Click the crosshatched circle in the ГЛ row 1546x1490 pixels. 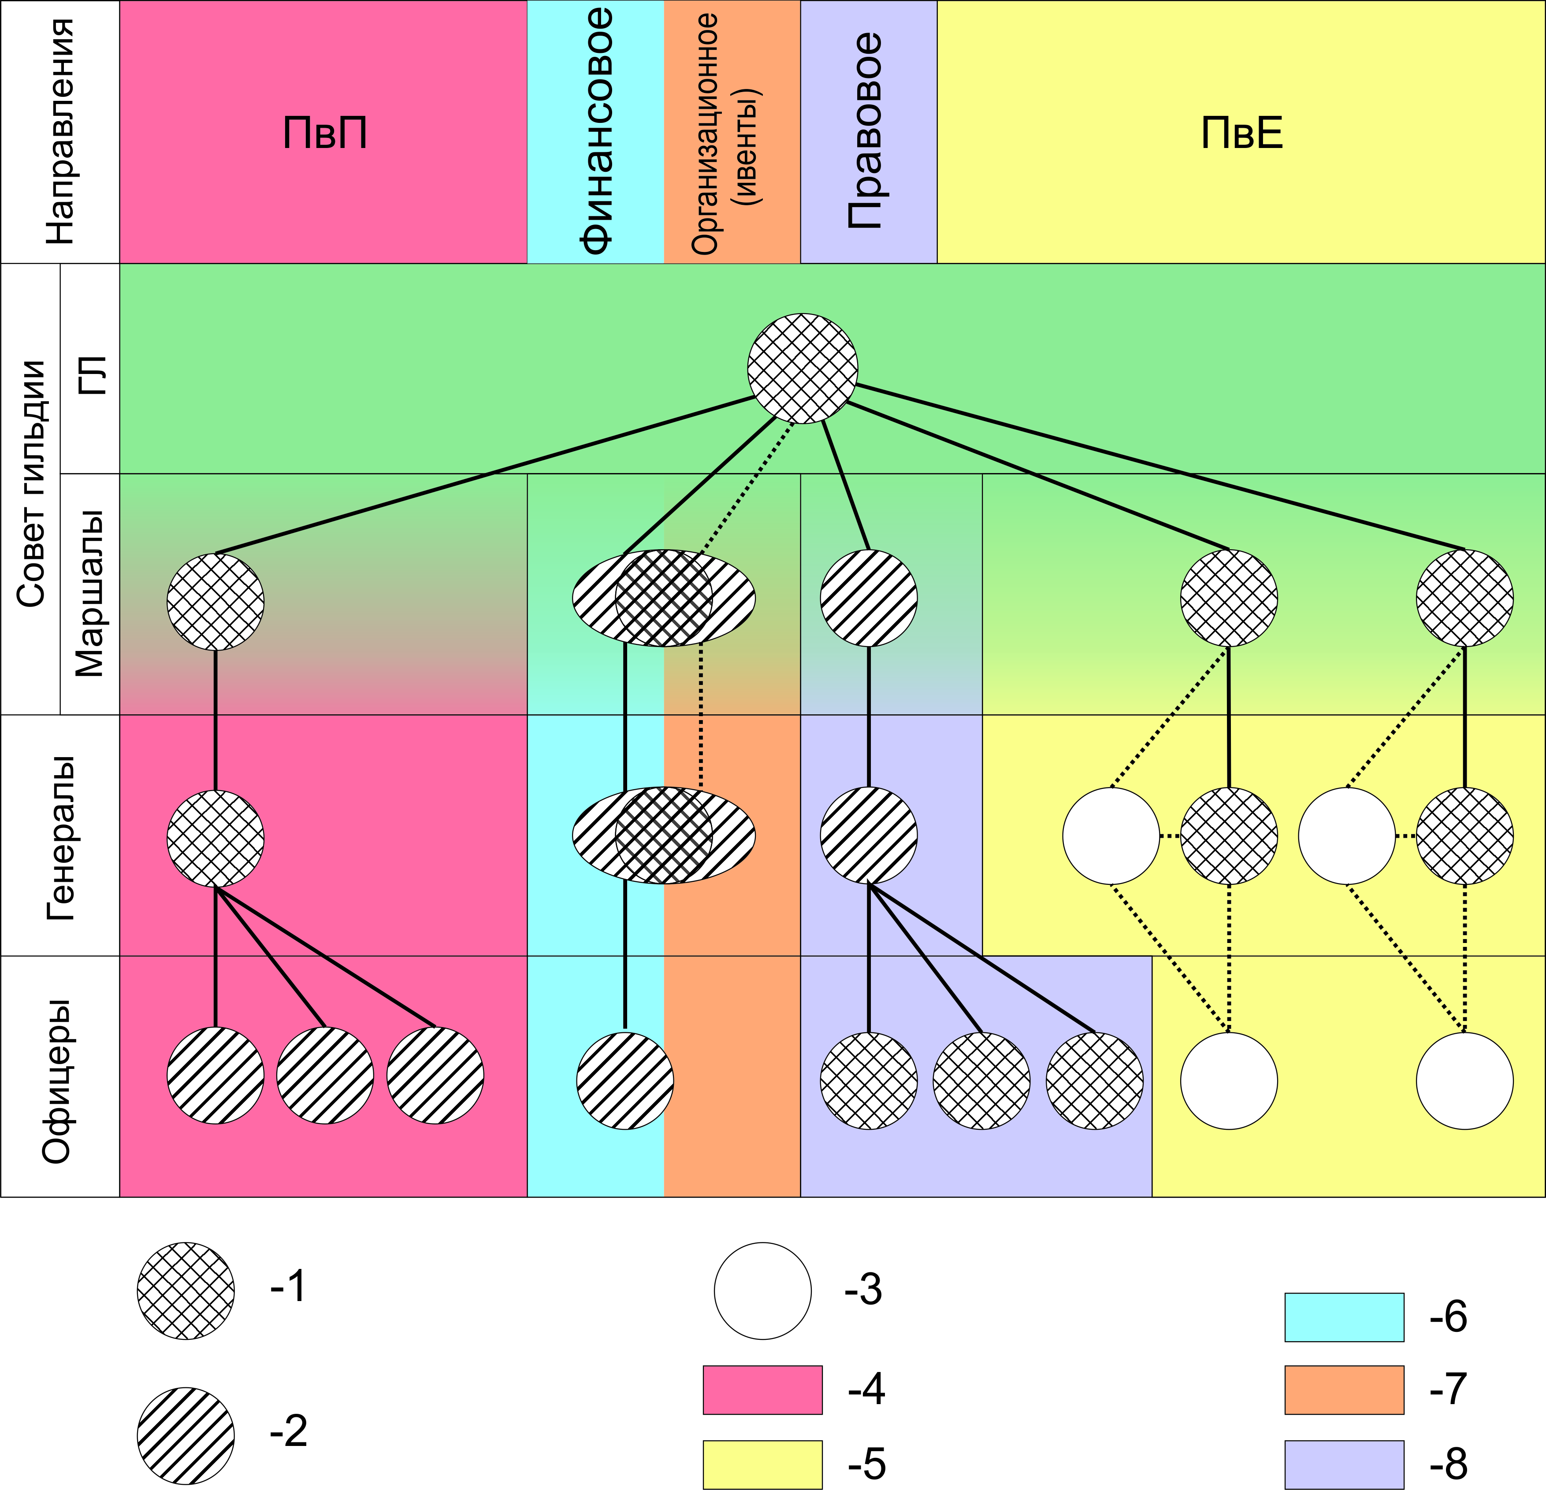pos(802,368)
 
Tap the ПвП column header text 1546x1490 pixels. pos(325,133)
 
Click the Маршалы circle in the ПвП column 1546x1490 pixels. pos(216,602)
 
